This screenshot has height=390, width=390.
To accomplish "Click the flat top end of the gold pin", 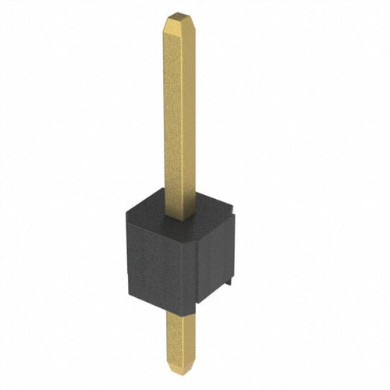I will [177, 14].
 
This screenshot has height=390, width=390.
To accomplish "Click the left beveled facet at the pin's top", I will [169, 23].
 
